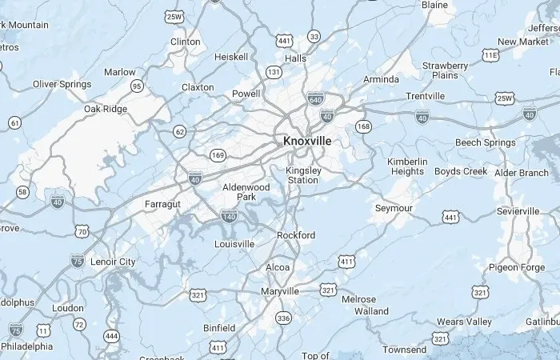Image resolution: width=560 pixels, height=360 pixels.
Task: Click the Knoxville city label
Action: [x=307, y=141]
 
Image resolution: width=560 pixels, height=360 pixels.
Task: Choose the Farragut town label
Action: [x=163, y=204]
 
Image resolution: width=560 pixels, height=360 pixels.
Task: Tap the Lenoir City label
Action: [x=114, y=262]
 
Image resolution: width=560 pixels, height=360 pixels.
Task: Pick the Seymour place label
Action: [x=394, y=208]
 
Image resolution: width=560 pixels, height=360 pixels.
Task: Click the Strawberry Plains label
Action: [x=446, y=70]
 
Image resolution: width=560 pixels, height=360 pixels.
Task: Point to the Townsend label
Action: [x=404, y=350]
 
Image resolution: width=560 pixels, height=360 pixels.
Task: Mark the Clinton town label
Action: [x=186, y=42]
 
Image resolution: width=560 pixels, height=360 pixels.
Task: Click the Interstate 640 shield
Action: [x=315, y=99]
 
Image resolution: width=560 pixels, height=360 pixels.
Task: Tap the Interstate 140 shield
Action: [x=229, y=216]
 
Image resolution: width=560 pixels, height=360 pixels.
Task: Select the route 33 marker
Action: [x=314, y=37]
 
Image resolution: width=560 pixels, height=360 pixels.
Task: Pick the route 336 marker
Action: [x=282, y=318]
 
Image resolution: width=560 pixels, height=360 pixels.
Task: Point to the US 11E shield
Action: [x=490, y=54]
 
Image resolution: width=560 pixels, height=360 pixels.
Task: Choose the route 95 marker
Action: [x=138, y=86]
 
